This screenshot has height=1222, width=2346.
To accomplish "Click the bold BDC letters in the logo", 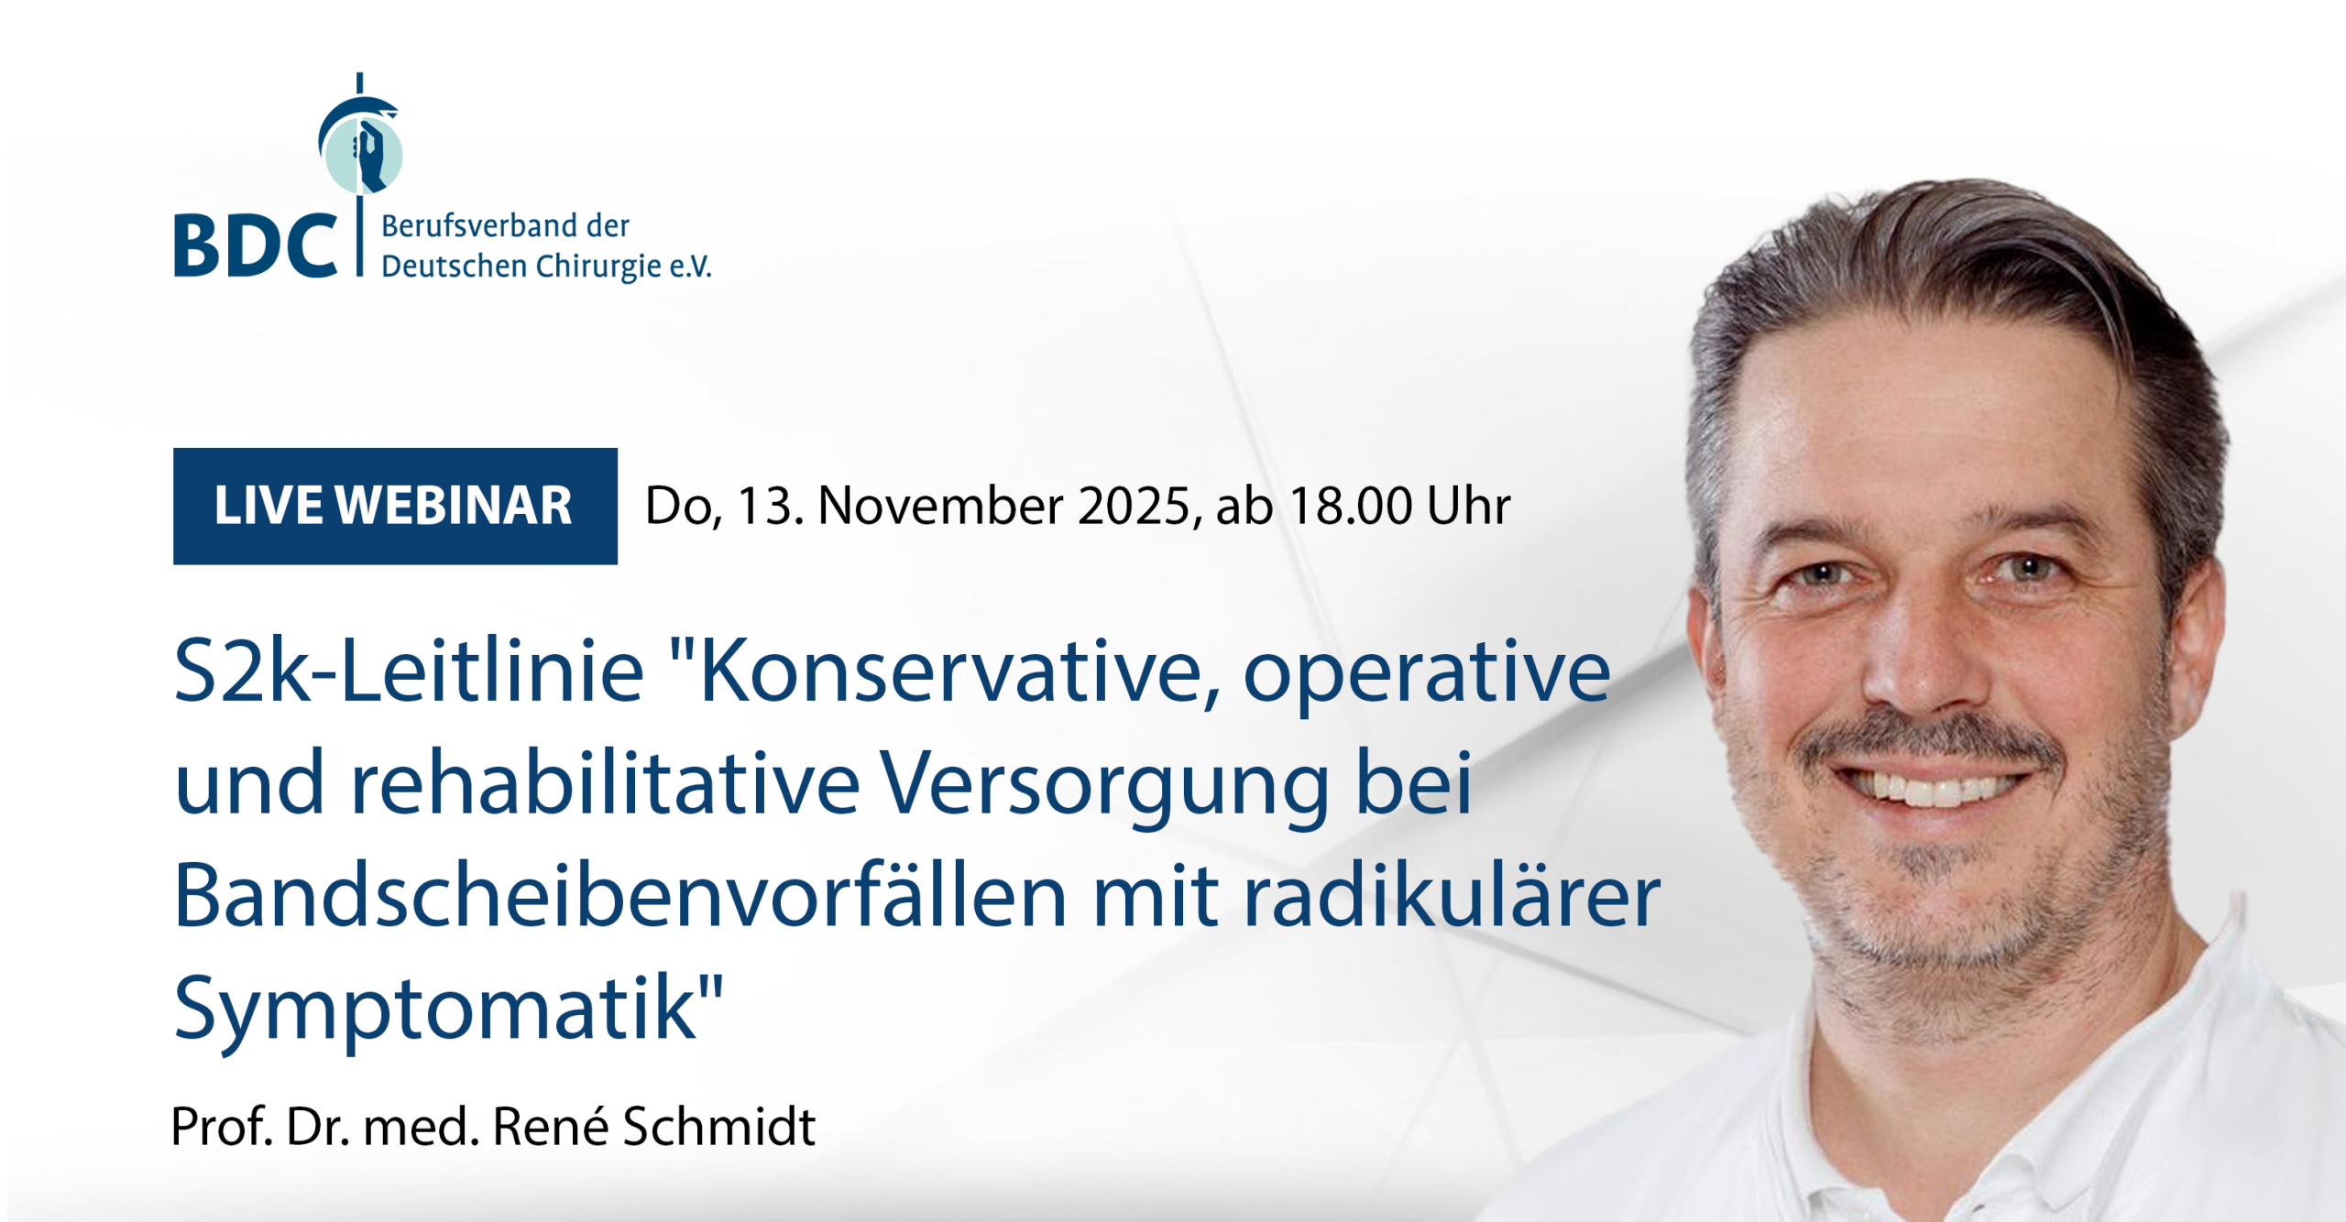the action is [255, 245].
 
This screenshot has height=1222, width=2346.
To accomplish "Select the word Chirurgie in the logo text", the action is [597, 267].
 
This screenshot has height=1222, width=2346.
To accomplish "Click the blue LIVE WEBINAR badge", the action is [395, 506].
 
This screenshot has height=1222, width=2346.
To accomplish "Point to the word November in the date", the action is [940, 506].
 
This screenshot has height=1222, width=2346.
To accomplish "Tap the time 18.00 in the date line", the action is [1351, 506].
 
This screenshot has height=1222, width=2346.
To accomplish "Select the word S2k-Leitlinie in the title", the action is [409, 672].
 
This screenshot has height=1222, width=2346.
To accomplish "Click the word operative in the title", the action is [1427, 676].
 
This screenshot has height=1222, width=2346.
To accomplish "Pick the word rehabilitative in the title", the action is [605, 784].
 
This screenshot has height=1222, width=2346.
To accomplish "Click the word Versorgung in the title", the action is [1105, 788].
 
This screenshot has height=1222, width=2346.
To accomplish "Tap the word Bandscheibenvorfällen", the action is [620, 896].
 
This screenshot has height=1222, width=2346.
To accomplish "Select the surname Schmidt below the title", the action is [719, 1127].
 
